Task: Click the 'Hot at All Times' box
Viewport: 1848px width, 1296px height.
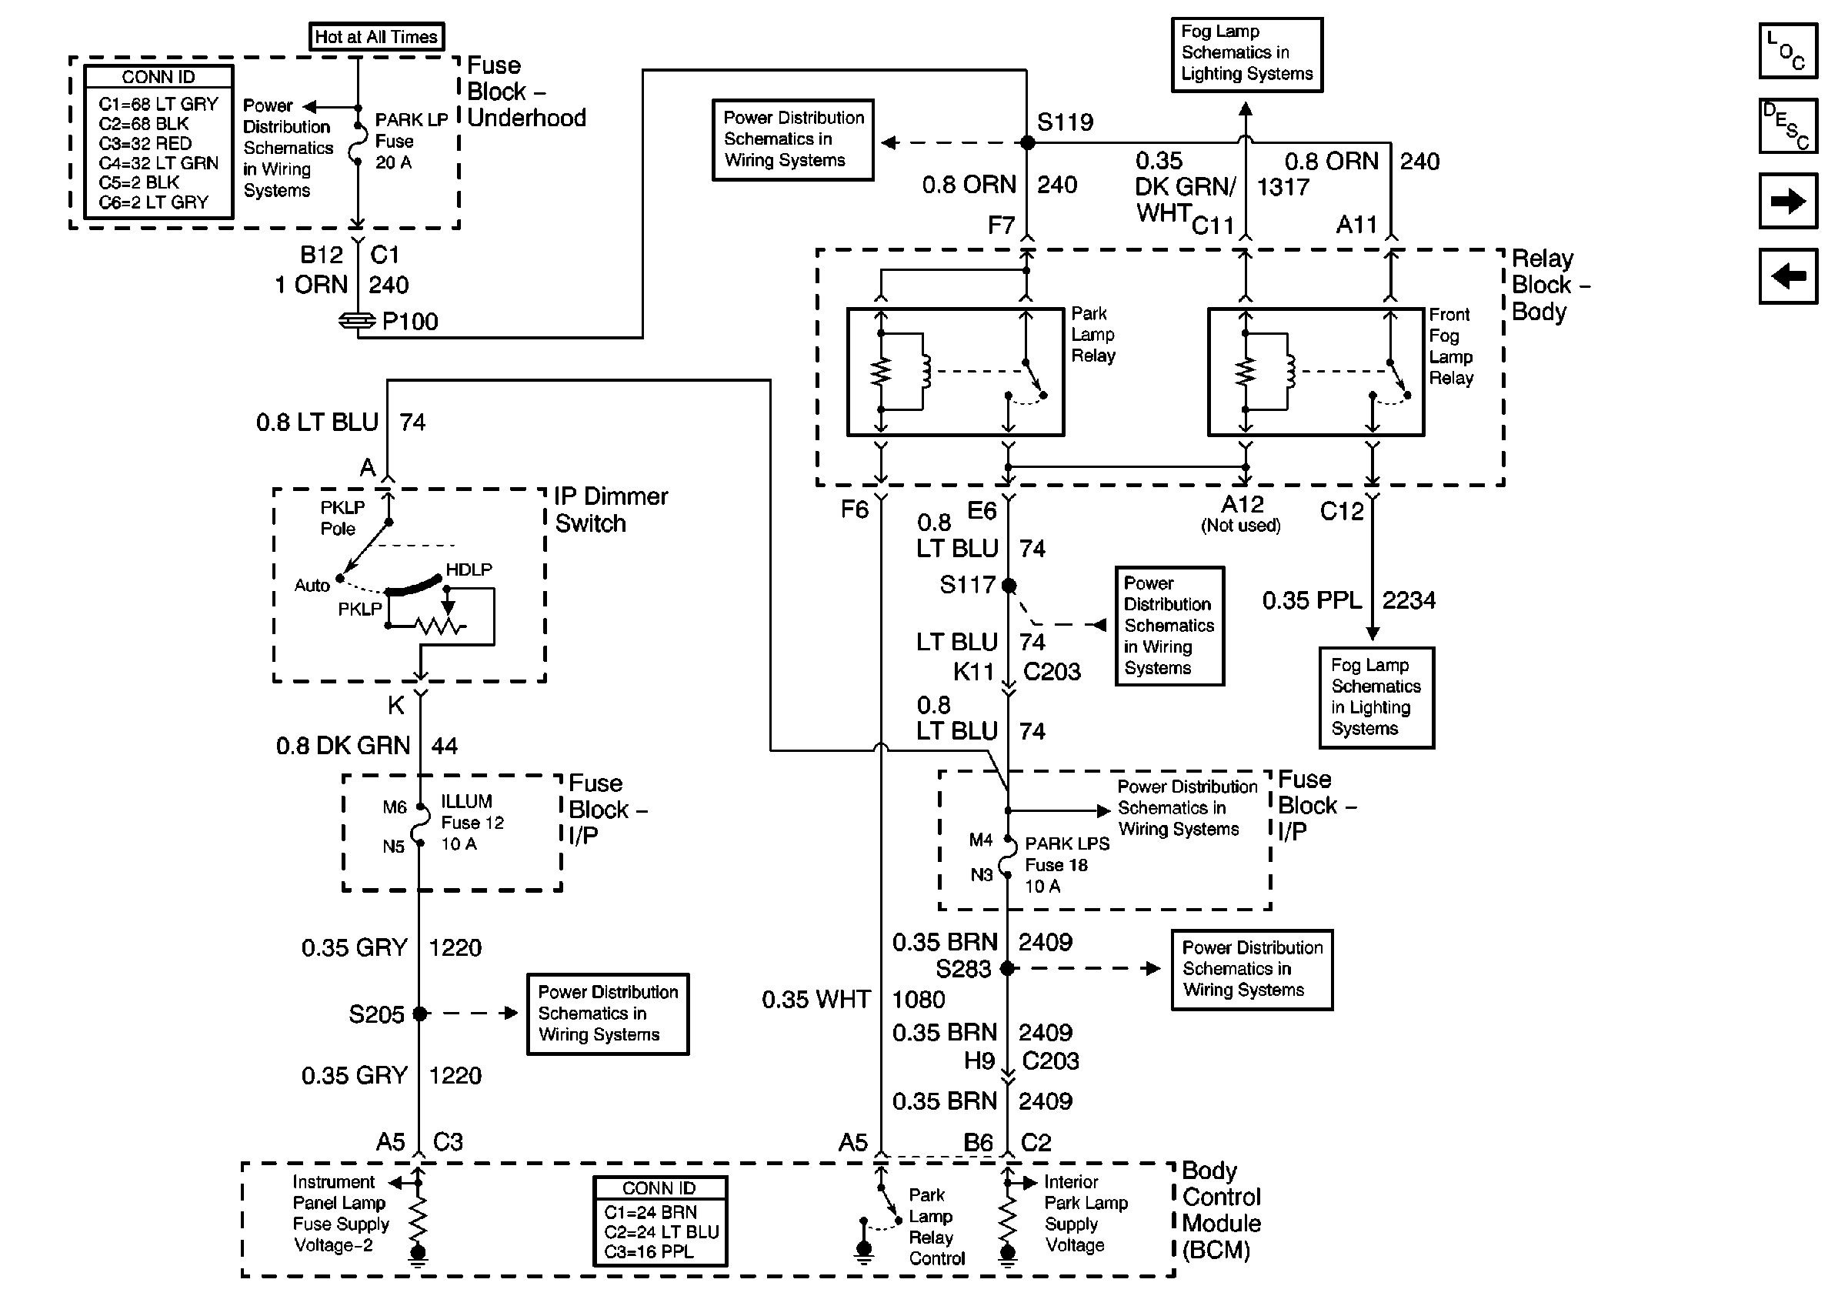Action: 376,36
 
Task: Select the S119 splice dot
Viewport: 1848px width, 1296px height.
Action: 1027,142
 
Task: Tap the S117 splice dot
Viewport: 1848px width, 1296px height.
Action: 1009,585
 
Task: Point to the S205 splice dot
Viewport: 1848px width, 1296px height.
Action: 419,1014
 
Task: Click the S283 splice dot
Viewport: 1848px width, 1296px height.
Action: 1007,968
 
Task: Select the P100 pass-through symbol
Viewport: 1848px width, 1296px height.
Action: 356,321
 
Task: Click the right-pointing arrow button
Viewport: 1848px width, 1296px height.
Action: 1788,200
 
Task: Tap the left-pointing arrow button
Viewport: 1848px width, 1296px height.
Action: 1788,276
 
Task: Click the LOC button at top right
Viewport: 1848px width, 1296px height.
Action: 1788,51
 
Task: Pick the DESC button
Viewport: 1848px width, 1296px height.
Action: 1788,125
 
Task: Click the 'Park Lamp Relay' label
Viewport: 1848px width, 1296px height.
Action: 1092,334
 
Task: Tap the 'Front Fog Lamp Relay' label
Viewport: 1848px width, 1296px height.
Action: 1450,346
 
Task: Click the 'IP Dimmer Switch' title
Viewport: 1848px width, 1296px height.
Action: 611,509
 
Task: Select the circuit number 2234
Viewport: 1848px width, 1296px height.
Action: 1409,600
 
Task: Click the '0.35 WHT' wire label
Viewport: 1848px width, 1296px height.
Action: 816,1000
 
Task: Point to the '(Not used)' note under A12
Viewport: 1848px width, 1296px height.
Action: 1240,526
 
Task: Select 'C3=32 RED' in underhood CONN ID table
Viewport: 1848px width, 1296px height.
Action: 145,143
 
